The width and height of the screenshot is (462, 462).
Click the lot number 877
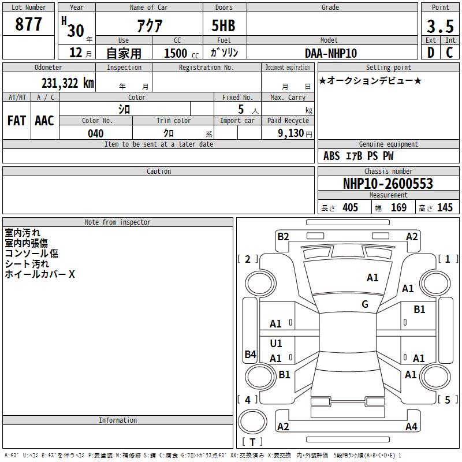tap(28, 24)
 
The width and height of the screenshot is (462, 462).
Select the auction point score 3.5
tap(440, 26)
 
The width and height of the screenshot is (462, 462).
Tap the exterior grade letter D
tap(431, 53)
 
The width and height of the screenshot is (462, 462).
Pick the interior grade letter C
tap(450, 53)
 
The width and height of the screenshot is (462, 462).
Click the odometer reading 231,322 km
tap(68, 83)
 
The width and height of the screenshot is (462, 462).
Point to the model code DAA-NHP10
tap(331, 53)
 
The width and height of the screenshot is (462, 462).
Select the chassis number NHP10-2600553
tap(388, 184)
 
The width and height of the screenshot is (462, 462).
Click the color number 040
tap(96, 133)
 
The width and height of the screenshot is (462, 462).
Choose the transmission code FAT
tap(17, 121)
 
